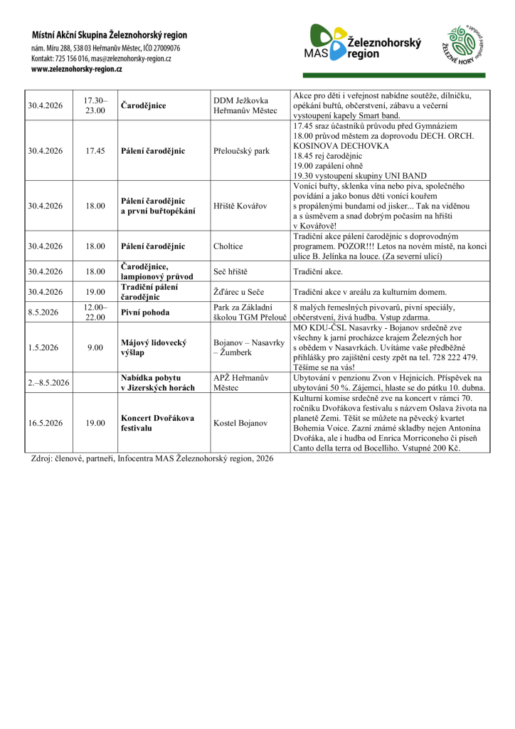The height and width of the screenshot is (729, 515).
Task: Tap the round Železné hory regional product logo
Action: coord(465,46)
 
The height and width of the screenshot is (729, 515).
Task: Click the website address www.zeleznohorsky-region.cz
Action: coord(77,69)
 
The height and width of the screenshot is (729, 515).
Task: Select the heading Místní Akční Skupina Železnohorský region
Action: coord(109,34)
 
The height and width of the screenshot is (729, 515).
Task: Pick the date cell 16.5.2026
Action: coord(46,422)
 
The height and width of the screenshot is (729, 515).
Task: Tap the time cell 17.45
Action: coord(95,151)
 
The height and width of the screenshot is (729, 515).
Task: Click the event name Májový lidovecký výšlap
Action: coord(154,347)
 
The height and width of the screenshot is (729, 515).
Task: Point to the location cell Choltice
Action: coord(228,246)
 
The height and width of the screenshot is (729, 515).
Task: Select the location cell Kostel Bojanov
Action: coord(240,422)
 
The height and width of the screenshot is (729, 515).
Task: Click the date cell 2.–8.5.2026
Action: coord(49,382)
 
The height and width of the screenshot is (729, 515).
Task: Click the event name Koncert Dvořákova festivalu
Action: coord(157,422)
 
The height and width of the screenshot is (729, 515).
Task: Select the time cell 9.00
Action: coord(95,347)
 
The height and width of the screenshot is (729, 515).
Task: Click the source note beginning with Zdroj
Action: coord(152,458)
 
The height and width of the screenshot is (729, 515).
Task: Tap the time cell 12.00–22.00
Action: coord(95,312)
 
